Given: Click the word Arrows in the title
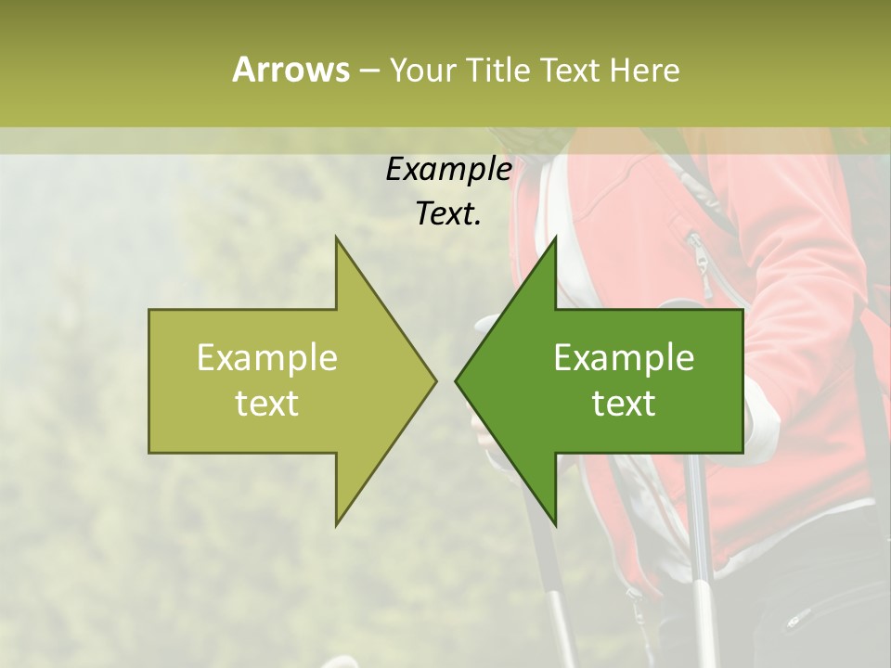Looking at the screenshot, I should point(290,70).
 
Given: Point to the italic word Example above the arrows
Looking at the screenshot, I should point(448,170).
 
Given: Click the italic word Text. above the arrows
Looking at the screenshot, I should point(448,214).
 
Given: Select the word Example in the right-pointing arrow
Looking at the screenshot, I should point(267,358).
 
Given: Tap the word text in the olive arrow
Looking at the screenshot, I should point(267,404).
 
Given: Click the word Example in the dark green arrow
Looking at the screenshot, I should point(624,358).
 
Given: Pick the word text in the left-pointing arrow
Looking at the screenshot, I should point(624,404).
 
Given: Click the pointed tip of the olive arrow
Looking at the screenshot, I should point(434,380).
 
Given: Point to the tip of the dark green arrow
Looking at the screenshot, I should point(457,380).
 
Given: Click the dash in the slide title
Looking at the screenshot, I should point(368,71).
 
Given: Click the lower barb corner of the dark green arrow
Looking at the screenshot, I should point(555,525).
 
